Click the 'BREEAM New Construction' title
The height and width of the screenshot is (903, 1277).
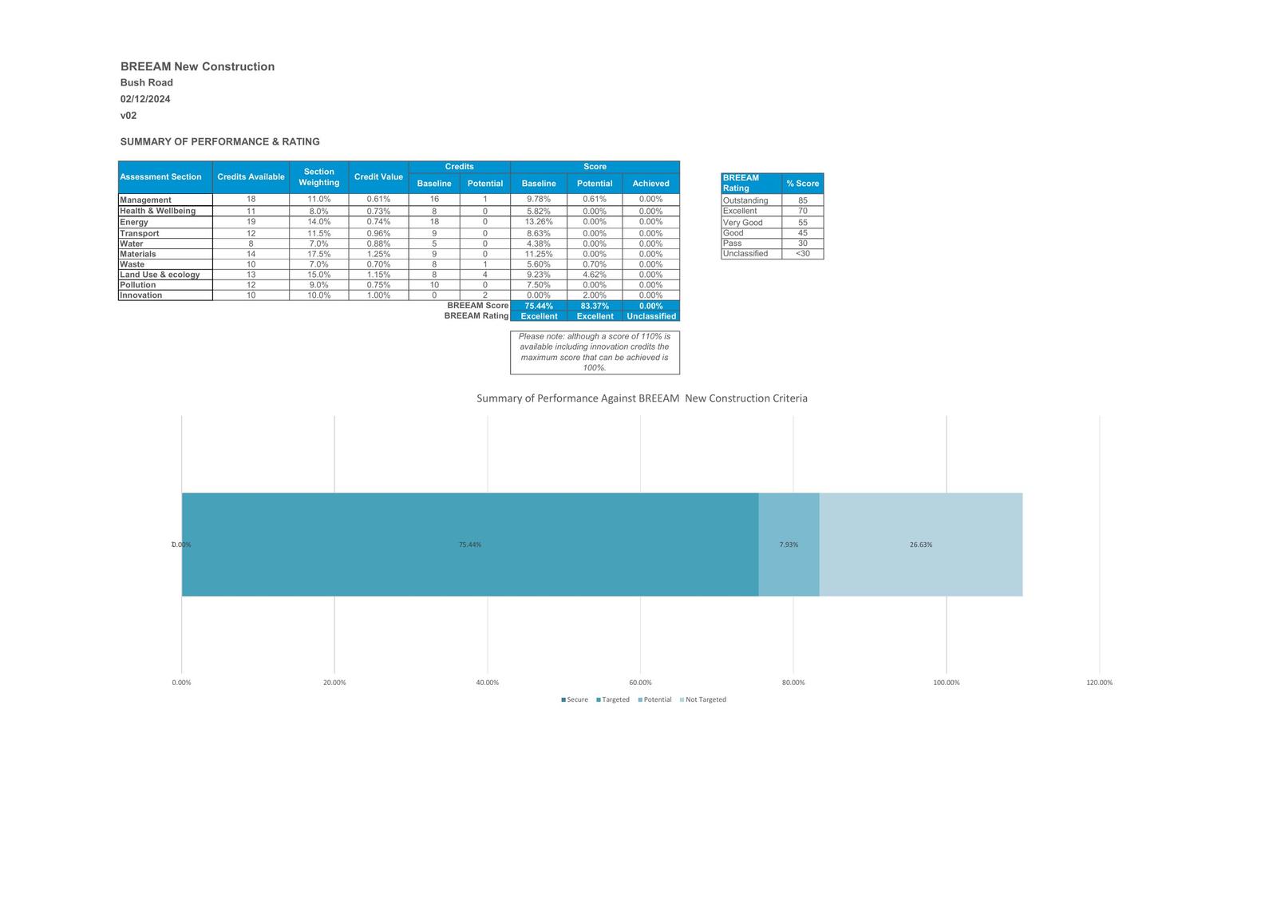[x=197, y=66]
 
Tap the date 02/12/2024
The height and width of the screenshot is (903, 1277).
[x=145, y=99]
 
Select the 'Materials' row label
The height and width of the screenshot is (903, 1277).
[x=138, y=254]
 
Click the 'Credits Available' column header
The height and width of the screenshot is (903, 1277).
[x=251, y=176]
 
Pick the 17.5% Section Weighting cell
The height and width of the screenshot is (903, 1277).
[x=318, y=254]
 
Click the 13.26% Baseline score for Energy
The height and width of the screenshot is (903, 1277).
[x=539, y=222]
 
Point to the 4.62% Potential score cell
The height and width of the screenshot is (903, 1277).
[x=595, y=275]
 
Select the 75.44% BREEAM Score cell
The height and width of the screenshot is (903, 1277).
[x=539, y=306]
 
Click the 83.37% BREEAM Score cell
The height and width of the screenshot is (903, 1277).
[x=595, y=306]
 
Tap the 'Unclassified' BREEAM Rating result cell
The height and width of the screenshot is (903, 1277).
[x=651, y=316]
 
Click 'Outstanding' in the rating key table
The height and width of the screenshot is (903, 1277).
[x=745, y=200]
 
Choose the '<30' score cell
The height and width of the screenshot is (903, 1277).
[x=802, y=254]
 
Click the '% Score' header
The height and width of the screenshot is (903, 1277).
[x=802, y=184]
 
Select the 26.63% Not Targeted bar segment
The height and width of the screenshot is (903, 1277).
[x=920, y=545]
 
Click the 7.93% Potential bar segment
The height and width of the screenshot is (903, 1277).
[x=789, y=545]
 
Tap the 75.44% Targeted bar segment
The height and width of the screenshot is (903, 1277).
[x=469, y=545]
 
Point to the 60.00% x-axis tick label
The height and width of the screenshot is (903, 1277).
[x=640, y=683]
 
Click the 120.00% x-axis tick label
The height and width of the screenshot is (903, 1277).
[x=1099, y=683]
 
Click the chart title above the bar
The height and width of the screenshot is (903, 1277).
[x=642, y=398]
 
